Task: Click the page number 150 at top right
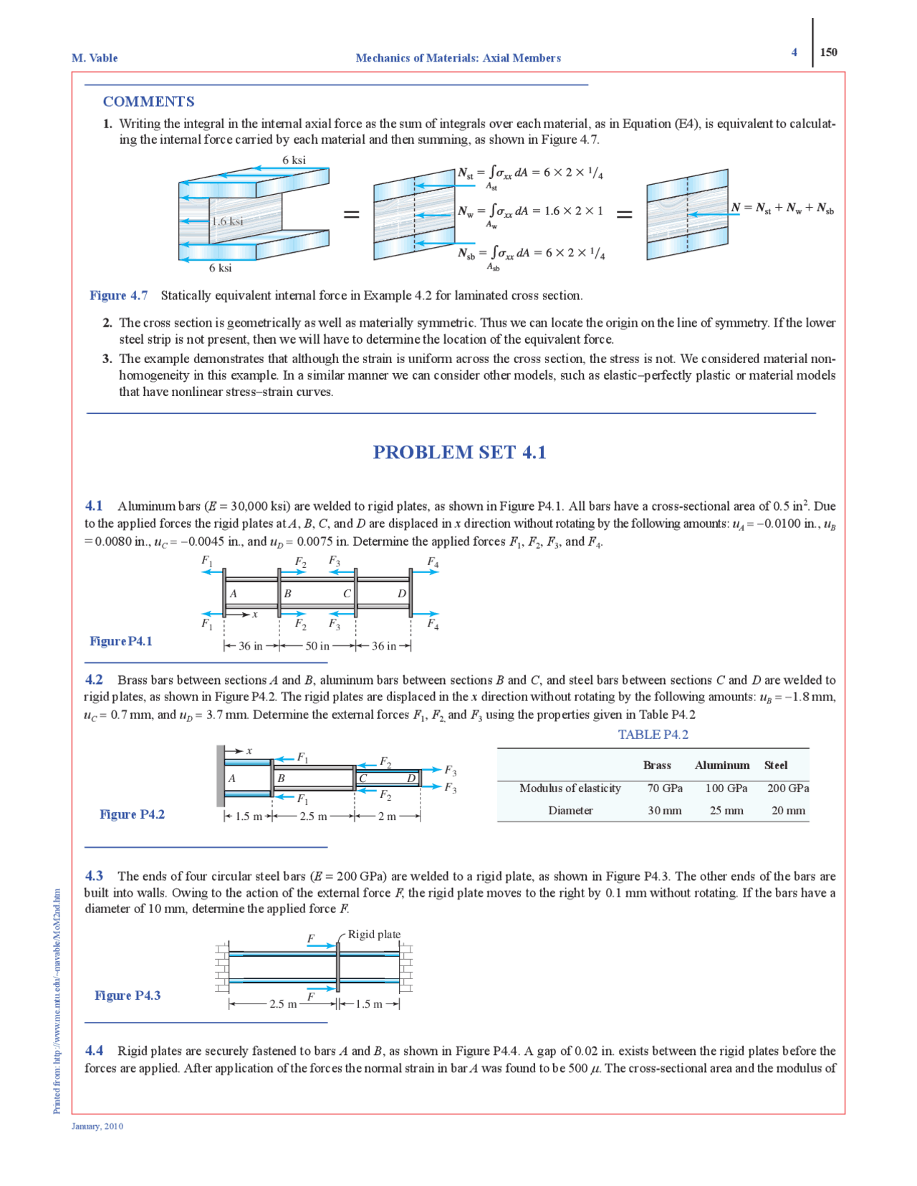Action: pyautogui.click(x=828, y=52)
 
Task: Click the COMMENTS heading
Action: pyautogui.click(x=148, y=102)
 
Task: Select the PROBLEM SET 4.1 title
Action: pyautogui.click(x=459, y=453)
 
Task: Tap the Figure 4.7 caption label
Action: pyautogui.click(x=119, y=296)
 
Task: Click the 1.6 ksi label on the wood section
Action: pyautogui.click(x=227, y=221)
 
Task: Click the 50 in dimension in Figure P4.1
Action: pyautogui.click(x=317, y=646)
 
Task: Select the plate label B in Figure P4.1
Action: pyautogui.click(x=287, y=593)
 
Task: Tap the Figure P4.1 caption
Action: pyautogui.click(x=121, y=642)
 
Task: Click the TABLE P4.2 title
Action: pyautogui.click(x=653, y=735)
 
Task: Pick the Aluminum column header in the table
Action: pyautogui.click(x=722, y=766)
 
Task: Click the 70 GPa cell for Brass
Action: pyautogui.click(x=665, y=789)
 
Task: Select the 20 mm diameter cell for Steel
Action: pyautogui.click(x=788, y=811)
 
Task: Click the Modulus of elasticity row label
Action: pyautogui.click(x=570, y=789)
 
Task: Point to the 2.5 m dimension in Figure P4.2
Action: pyautogui.click(x=313, y=816)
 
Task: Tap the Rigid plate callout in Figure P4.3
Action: pyautogui.click(x=374, y=935)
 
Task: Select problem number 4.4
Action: pyautogui.click(x=94, y=1051)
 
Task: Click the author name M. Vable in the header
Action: pyautogui.click(x=95, y=58)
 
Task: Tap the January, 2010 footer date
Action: pyautogui.click(x=97, y=1127)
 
